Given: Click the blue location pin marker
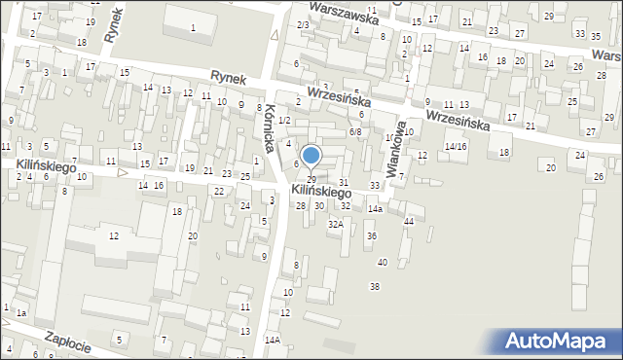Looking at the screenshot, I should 311,157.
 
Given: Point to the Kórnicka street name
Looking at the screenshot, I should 267,126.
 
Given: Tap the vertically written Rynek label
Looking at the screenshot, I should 117,20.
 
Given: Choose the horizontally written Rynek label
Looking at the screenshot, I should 231,75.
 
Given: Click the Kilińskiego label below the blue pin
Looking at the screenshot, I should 321,193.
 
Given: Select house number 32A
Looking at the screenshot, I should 335,224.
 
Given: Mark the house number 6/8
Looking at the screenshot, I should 355,132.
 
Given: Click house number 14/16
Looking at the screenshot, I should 456,146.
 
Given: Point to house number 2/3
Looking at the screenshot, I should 303,24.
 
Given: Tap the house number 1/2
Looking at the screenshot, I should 283,120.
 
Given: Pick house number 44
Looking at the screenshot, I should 409,222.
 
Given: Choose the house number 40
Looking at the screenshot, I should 383,263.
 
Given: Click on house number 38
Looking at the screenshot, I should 375,286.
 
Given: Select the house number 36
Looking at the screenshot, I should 371,236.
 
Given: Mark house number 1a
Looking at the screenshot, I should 20,312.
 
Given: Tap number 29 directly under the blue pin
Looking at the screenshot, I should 311,180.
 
